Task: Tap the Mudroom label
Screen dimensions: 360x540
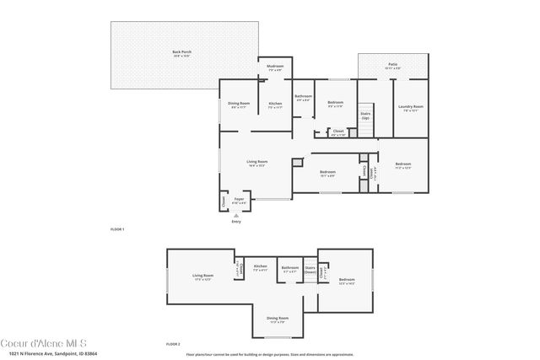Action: [x=275, y=67]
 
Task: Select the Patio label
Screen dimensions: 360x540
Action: [x=392, y=63]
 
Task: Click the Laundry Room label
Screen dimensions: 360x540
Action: [x=411, y=107]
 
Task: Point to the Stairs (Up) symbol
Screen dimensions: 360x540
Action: [x=365, y=116]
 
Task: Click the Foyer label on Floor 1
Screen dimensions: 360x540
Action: [x=240, y=201]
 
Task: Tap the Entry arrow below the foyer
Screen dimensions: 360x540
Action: [x=236, y=218]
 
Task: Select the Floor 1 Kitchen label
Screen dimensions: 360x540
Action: [x=275, y=105]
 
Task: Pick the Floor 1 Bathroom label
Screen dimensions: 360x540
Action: [x=303, y=98]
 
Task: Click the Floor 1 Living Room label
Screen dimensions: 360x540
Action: [x=256, y=163]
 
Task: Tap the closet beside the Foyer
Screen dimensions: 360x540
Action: [x=224, y=201]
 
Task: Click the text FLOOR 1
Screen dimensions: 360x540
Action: [x=117, y=229]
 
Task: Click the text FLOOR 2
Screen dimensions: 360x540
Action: [x=172, y=344]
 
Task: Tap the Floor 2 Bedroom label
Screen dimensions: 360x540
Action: [x=347, y=281]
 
